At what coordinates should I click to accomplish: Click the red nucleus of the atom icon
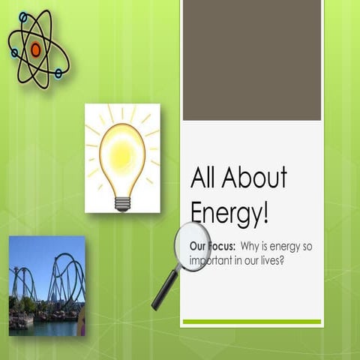[35, 49]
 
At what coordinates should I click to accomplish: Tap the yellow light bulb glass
[122, 154]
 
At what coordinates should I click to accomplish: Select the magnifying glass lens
[193, 246]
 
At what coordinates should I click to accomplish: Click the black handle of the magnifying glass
[164, 290]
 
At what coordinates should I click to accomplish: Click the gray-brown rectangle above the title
[252, 60]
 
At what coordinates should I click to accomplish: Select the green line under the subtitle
[252, 322]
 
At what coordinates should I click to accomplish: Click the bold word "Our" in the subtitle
[199, 245]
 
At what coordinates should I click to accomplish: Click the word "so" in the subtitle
[313, 246]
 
